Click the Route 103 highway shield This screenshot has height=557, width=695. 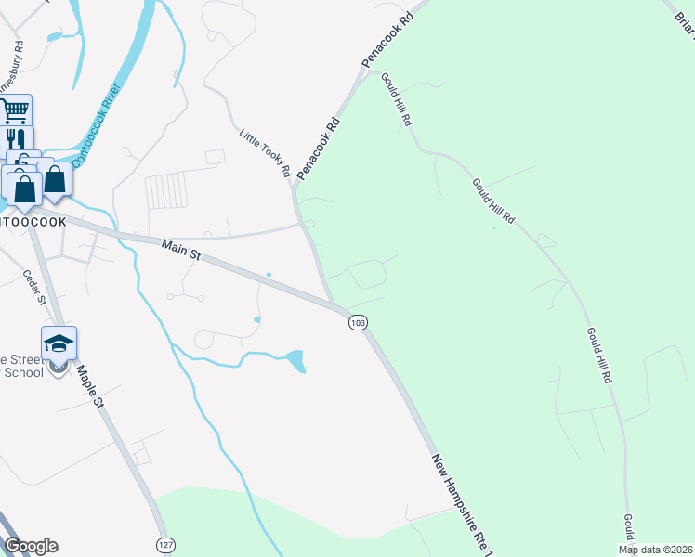359,322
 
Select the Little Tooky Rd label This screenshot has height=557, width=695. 266,153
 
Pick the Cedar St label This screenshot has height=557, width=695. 34,286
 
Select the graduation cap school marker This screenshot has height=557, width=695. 58,343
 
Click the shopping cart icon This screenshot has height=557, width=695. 15,112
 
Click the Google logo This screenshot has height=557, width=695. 30,546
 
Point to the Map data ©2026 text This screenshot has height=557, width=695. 655,550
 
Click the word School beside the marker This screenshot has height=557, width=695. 22,372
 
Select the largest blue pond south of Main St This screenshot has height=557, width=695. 295,359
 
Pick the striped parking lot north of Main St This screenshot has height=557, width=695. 166,191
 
